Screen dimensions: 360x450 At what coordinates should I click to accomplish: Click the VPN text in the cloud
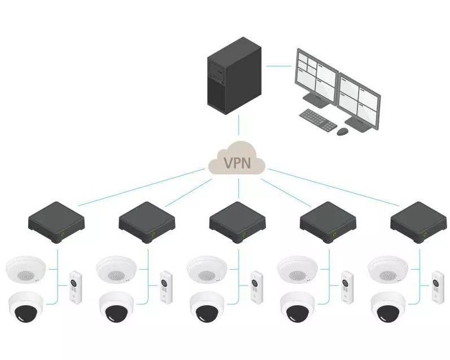click(237, 163)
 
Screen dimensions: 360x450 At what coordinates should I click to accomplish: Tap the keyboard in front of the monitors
click(317, 118)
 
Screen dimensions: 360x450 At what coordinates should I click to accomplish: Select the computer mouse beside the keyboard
click(343, 131)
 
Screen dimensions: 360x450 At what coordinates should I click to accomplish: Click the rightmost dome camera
click(388, 307)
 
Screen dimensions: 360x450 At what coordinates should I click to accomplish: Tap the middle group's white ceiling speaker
click(207, 270)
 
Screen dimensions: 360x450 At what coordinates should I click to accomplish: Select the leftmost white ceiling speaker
click(26, 270)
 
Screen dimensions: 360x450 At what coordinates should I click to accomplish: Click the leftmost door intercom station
click(75, 286)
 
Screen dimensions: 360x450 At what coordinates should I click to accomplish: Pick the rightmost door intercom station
click(437, 286)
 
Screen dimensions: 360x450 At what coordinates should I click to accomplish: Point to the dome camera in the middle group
click(207, 307)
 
